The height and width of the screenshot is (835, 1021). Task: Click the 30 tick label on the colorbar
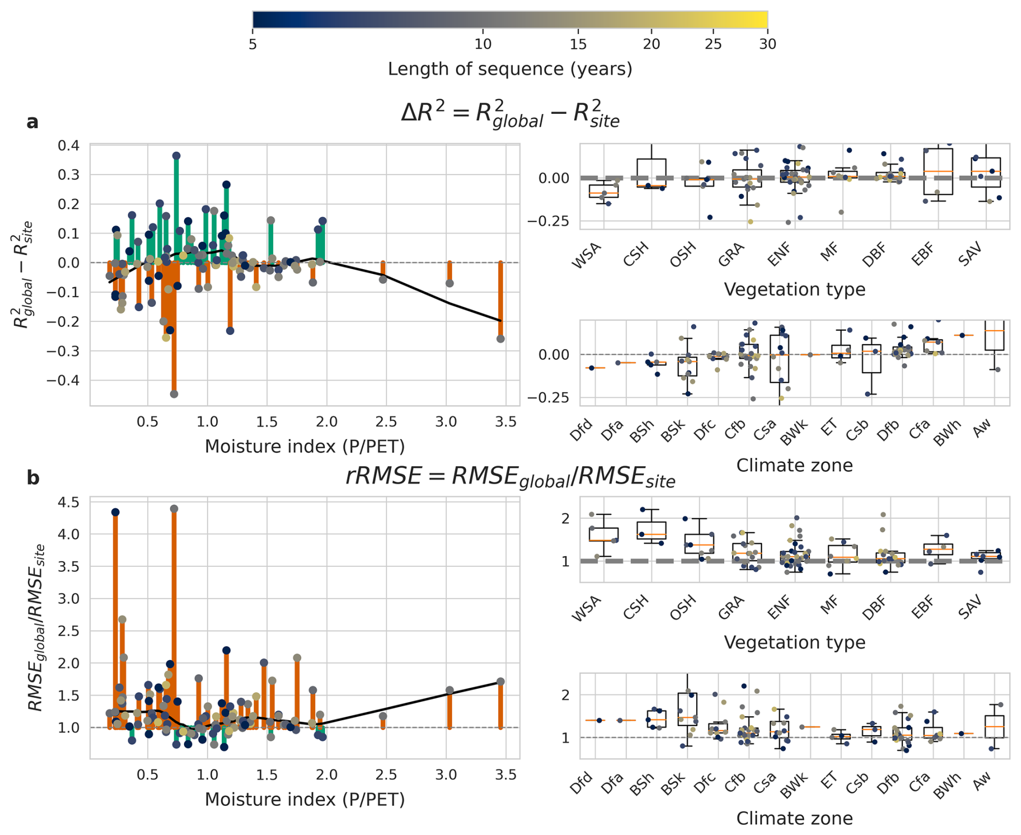[767, 44]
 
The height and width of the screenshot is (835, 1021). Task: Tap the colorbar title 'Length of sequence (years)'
[510, 69]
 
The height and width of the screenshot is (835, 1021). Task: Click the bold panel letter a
[32, 122]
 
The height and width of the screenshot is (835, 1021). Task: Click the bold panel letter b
[33, 478]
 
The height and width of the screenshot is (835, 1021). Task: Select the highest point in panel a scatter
[176, 156]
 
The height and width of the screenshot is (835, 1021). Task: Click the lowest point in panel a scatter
[174, 394]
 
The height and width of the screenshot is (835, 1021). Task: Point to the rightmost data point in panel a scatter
[500, 339]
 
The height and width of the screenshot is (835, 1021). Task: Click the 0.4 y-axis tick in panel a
[69, 146]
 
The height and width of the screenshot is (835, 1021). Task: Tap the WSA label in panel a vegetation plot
[586, 256]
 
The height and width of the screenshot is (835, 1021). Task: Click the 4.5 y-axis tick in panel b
[69, 502]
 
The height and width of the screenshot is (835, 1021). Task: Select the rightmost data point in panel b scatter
[500, 682]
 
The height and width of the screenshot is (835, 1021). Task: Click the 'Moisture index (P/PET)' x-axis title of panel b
[305, 799]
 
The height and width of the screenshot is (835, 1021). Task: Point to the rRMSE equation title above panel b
[510, 477]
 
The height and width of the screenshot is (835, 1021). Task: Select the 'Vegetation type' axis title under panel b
[794, 642]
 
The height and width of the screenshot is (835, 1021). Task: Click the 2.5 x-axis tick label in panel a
[386, 422]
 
